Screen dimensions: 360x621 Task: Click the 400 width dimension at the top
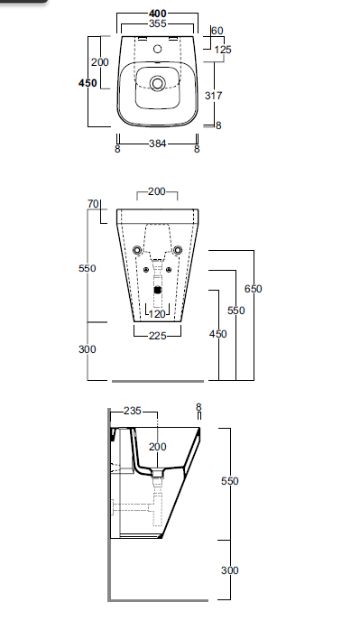point(158,14)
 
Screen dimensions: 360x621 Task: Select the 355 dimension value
point(158,23)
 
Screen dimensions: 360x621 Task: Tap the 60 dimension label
point(217,31)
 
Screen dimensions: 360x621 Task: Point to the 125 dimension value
point(223,50)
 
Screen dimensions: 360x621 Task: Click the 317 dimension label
point(214,96)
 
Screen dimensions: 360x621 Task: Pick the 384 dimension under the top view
point(158,144)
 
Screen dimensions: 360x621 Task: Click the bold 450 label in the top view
point(88,83)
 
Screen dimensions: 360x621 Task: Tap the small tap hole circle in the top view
point(158,49)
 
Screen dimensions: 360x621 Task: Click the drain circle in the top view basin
point(158,83)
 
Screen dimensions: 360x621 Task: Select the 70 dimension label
point(93,204)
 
